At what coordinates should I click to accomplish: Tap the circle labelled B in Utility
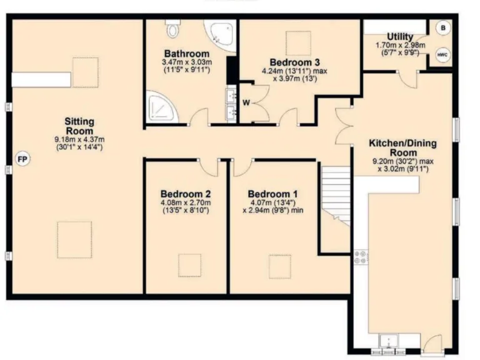pyautogui.click(x=442, y=28)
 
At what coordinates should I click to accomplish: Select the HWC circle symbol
pyautogui.click(x=442, y=55)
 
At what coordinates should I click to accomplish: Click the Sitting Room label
pyautogui.click(x=79, y=126)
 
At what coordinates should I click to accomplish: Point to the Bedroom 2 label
pyautogui.click(x=185, y=193)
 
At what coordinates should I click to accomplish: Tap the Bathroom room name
pyautogui.click(x=186, y=53)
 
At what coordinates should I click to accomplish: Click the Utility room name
pyautogui.click(x=399, y=36)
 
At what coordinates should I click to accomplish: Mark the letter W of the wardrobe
pyautogui.click(x=246, y=102)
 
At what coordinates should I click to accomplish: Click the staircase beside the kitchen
pyautogui.click(x=336, y=194)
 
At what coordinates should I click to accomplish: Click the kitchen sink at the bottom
pyautogui.click(x=391, y=341)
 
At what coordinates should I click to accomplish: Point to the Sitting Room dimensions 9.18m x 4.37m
pyautogui.click(x=79, y=139)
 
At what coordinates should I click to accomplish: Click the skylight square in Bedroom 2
pyautogui.click(x=189, y=265)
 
